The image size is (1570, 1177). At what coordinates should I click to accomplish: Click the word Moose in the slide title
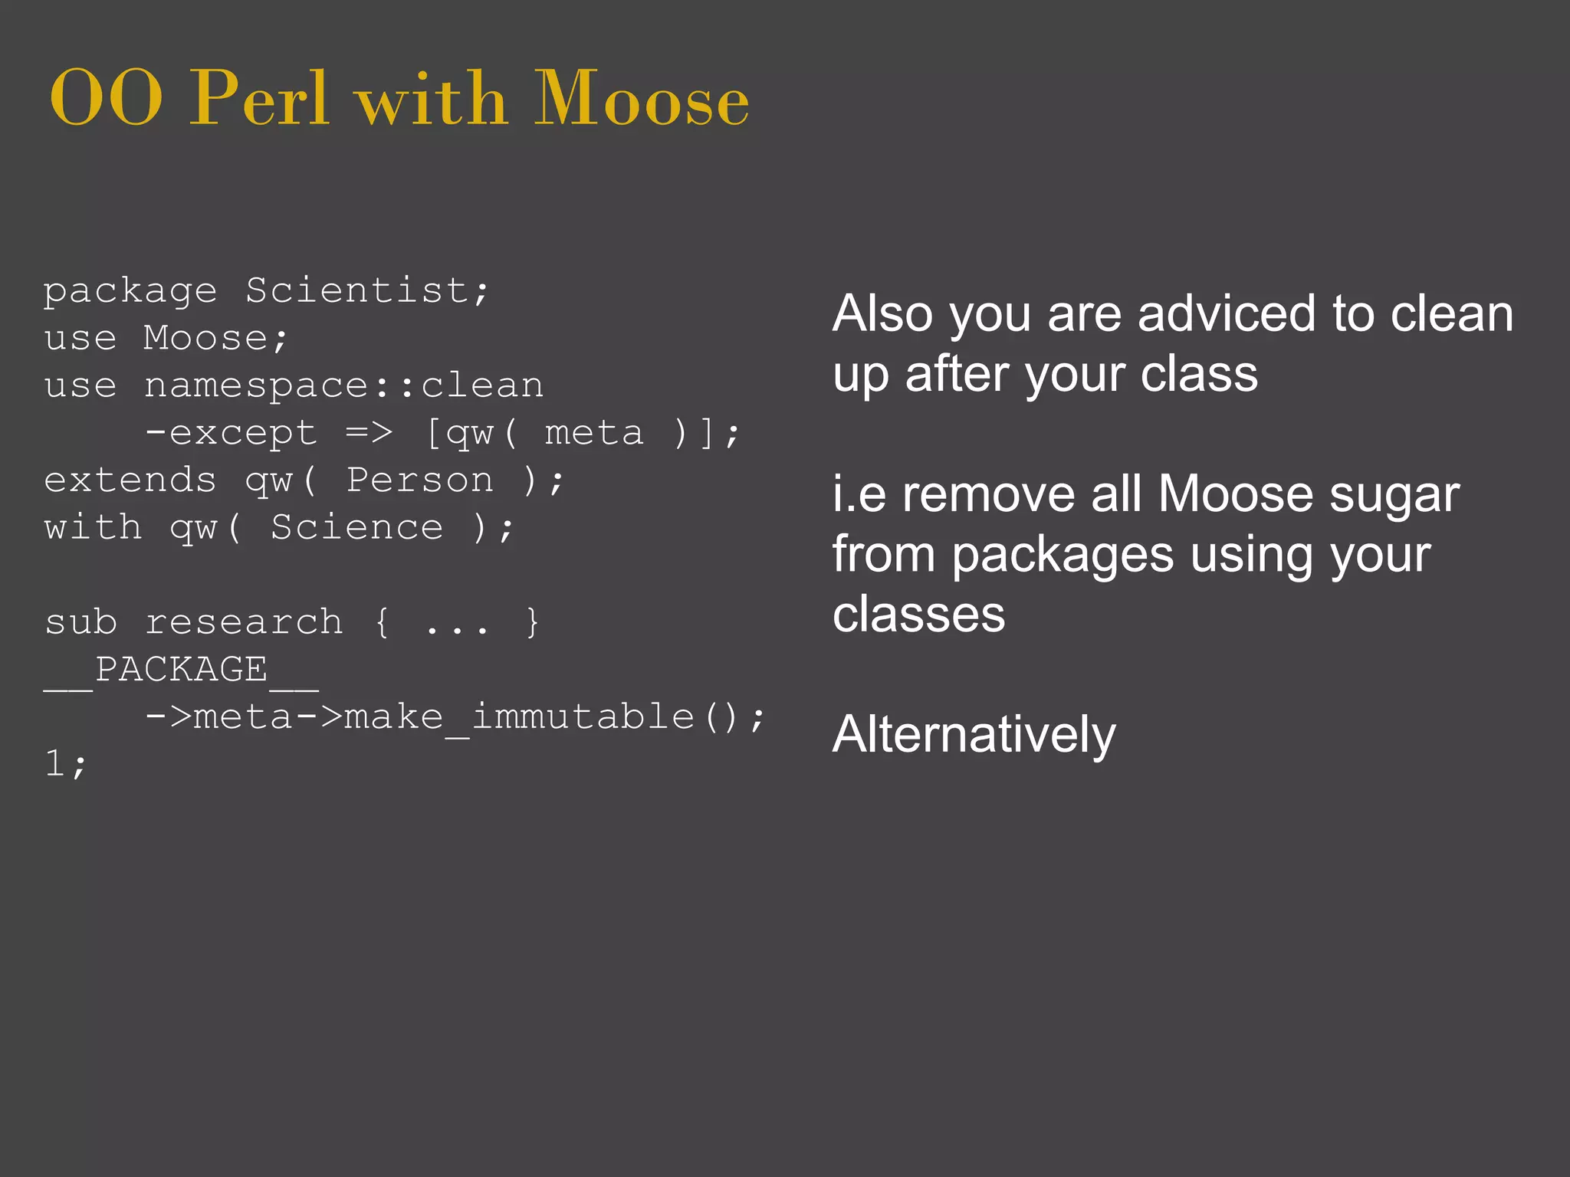point(641,100)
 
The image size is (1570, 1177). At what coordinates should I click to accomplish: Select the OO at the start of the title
point(106,100)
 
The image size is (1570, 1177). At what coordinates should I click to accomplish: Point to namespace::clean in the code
point(343,385)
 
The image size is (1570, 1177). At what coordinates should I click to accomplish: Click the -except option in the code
point(230,434)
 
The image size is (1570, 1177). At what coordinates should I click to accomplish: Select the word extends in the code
point(130,481)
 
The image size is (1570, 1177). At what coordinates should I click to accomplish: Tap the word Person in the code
point(420,481)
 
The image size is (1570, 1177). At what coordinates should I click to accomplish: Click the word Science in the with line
point(356,529)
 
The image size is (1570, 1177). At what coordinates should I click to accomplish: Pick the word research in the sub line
point(244,623)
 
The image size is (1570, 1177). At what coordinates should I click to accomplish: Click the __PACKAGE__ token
point(181,670)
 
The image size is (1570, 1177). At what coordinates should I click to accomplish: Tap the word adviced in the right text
point(1227,314)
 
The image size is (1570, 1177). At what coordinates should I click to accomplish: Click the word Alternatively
point(974,734)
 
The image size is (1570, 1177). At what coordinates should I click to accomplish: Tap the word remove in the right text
point(988,494)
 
